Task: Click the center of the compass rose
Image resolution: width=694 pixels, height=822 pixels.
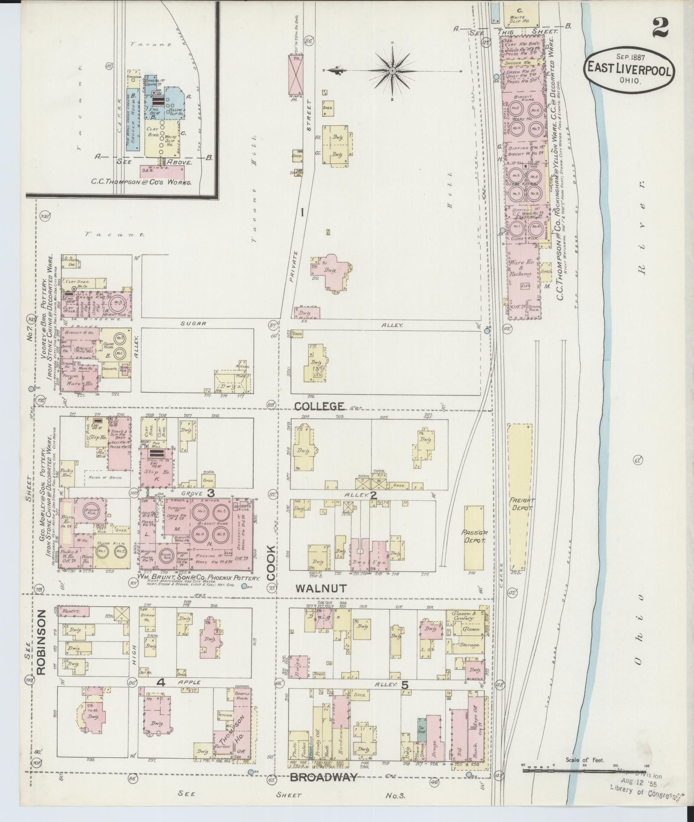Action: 392,70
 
